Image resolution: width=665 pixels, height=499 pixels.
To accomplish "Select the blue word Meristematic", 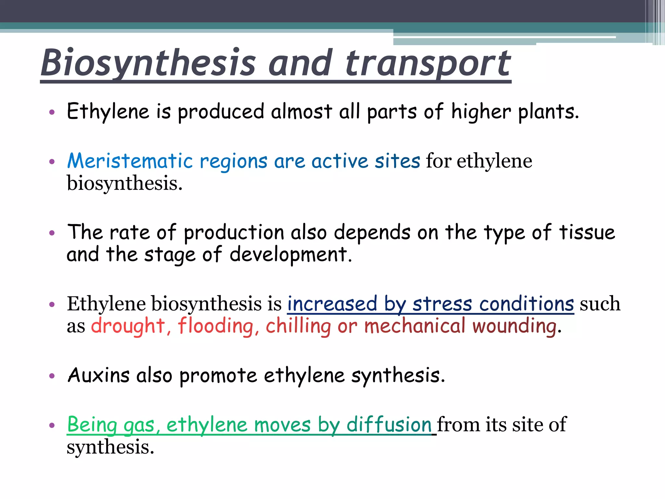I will [x=130, y=161].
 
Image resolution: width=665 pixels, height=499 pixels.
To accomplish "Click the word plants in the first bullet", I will [x=548, y=112].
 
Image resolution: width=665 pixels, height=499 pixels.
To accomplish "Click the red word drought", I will [x=128, y=326].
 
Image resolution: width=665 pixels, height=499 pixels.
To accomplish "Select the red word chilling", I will [x=298, y=326].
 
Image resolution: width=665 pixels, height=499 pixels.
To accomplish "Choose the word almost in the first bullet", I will [x=301, y=112].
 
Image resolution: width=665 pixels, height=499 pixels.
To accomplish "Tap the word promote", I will [x=218, y=376].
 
